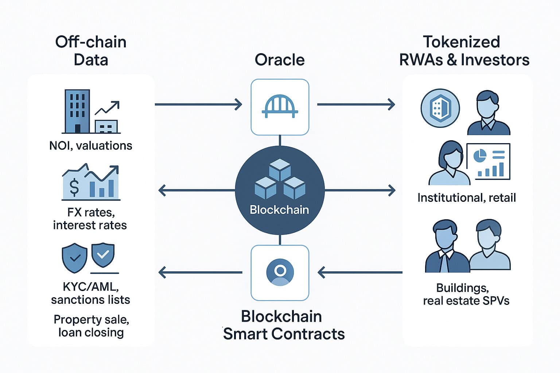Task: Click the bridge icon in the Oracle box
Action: pos(280,107)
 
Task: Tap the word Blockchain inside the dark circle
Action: pos(279,210)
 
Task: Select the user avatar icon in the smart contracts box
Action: pos(280,272)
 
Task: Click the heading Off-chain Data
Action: pos(91,51)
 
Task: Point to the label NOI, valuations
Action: pos(91,146)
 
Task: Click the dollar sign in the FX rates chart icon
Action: pos(74,187)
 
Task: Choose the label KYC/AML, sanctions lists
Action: pos(90,293)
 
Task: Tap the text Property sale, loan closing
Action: pos(91,326)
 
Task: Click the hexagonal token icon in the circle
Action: pos(440,108)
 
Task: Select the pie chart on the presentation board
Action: pos(479,156)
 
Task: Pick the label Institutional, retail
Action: pos(466,198)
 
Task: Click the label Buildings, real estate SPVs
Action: pos(466,294)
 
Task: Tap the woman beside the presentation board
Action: pos(449,164)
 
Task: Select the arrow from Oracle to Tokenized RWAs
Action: pos(356,105)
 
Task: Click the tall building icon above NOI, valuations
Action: pos(77,111)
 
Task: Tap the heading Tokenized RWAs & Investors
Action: pos(464,51)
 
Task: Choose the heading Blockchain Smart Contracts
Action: pos(283,325)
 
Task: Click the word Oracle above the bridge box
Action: pos(280,60)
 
